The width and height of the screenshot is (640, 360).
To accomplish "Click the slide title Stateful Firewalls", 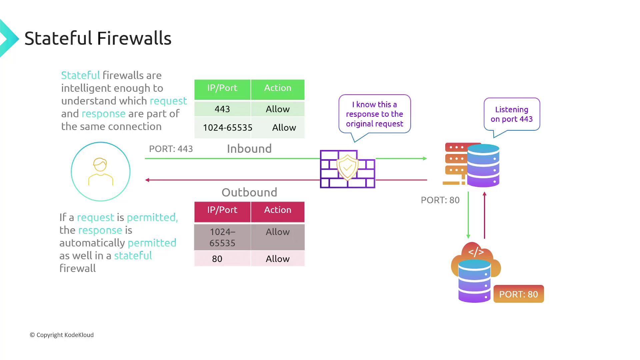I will coord(98,38).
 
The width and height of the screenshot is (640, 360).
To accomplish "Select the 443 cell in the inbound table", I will coord(222,109).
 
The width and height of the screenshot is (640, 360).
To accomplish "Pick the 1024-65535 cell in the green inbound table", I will coord(227,127).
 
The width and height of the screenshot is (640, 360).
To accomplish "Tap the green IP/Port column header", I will coord(222,88).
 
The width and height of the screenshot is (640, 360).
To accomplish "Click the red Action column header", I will coord(278,210).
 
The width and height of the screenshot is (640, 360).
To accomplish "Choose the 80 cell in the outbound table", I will coord(217,259).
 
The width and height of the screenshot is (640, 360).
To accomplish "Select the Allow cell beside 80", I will coord(278,259).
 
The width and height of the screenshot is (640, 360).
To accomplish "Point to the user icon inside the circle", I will coord(100,172).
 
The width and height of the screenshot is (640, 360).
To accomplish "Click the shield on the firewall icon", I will coord(347,167).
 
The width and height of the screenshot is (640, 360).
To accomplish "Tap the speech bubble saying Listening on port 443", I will coord(512,114).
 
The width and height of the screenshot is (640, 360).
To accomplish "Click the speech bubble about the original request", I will coord(374,114).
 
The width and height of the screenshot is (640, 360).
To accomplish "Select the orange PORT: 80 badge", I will coord(518,294).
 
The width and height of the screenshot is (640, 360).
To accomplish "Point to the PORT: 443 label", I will coord(171,149).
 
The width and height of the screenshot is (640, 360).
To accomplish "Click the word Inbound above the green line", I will coord(249,149).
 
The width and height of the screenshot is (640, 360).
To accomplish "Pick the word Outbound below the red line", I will coord(249,192).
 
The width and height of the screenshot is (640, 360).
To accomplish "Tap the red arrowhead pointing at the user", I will coord(147,180).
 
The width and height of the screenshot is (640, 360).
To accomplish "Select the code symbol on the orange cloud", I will coord(476,252).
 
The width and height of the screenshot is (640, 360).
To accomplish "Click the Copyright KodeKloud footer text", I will coord(62,335).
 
